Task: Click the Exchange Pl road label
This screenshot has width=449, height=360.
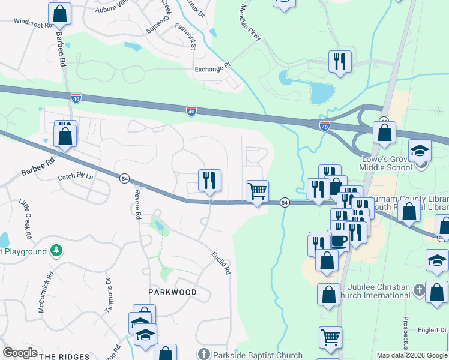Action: (212, 69)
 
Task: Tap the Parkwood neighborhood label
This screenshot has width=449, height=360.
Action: (173, 292)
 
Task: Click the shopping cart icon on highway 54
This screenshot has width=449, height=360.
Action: (258, 191)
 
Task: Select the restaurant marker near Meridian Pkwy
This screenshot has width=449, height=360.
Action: (340, 61)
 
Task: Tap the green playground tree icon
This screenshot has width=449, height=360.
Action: (56, 250)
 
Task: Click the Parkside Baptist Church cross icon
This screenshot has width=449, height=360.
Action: (204, 354)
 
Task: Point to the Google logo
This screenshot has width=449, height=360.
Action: (20, 353)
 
